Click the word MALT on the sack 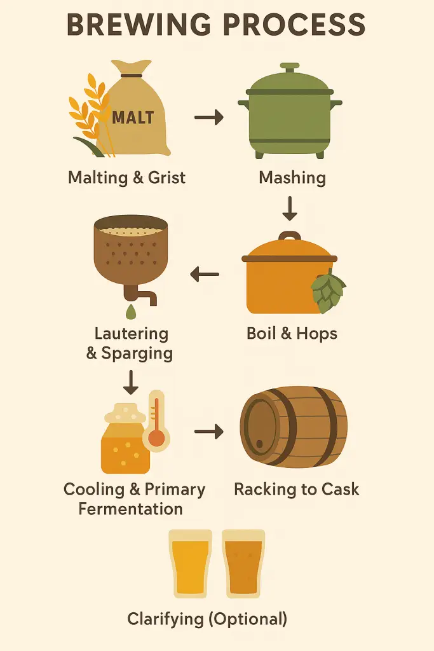tap(133, 118)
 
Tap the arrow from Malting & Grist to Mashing tap(208, 118)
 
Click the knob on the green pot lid tap(290, 67)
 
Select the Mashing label tap(292, 178)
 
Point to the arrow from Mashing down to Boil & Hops tap(290, 209)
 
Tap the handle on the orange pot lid tap(290, 236)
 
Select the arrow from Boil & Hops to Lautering tap(205, 275)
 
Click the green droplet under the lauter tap tap(131, 312)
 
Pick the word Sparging tap(137, 353)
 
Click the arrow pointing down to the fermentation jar tap(131, 382)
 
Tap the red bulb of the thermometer tap(156, 437)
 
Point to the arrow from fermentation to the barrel tap(208, 432)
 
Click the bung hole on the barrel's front tap(260, 444)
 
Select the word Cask tap(340, 489)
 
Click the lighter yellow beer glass tap(191, 563)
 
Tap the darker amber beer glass tap(243, 563)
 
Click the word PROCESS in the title tap(294, 25)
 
